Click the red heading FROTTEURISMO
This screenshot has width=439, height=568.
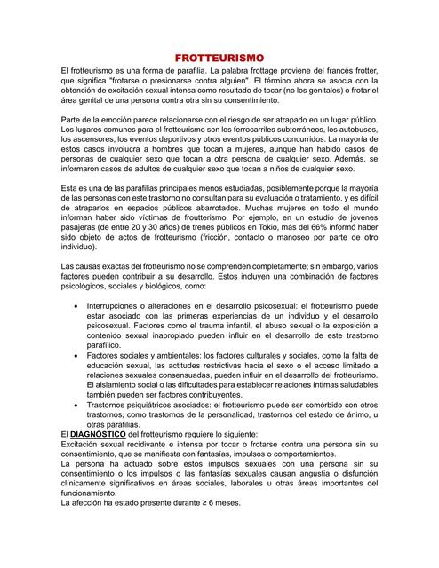219,57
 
